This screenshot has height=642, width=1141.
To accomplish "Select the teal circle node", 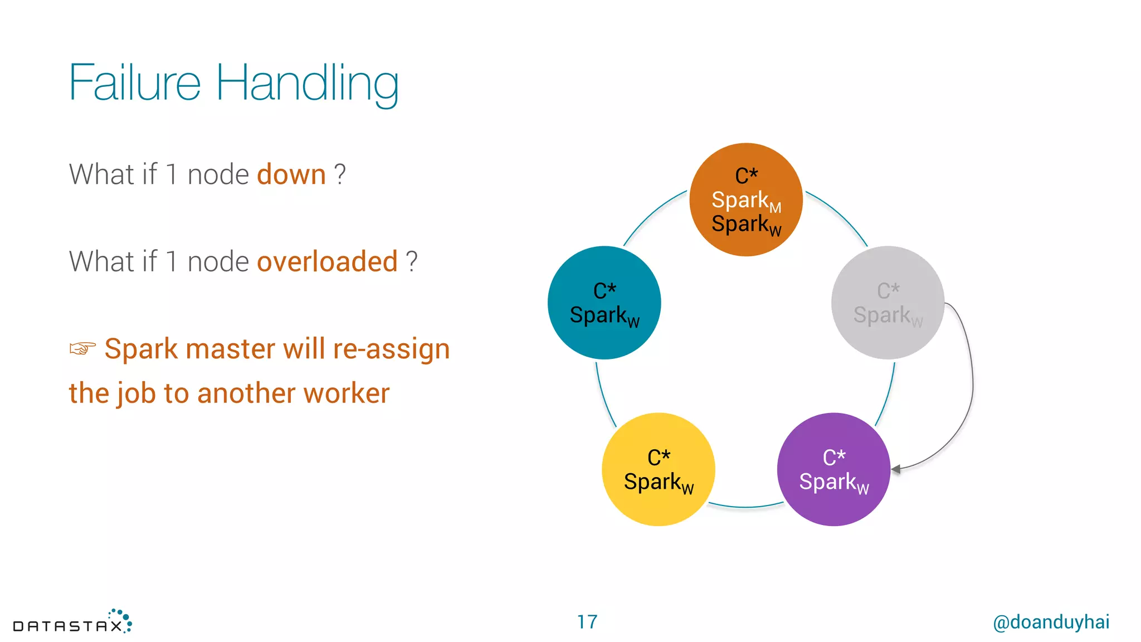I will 604,303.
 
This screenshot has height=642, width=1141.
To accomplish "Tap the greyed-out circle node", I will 888,303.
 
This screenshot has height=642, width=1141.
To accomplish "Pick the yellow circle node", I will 658,469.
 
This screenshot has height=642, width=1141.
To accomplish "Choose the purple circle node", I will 833,469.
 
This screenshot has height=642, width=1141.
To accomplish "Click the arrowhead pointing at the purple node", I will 896,469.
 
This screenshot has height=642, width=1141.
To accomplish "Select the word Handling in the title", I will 307,84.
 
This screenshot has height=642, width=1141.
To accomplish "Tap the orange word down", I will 291,174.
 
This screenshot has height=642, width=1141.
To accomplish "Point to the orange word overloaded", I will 327,261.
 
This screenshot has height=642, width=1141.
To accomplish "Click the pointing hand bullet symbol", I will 82,348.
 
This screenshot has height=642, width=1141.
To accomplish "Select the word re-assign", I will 391,349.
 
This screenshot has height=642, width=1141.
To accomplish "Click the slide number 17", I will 587,622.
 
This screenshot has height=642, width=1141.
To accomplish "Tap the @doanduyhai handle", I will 1051,622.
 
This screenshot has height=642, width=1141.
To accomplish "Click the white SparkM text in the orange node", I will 746,201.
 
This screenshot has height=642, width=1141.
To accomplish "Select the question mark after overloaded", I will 411,261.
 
